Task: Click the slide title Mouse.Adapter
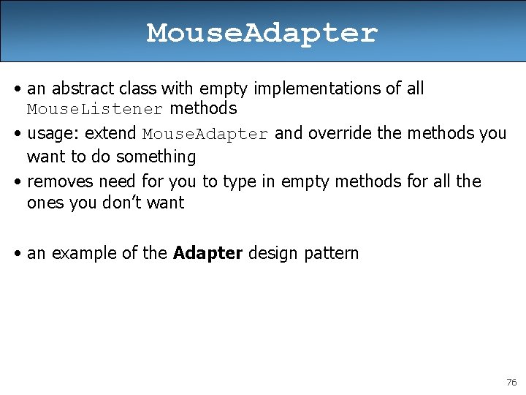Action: coord(262,33)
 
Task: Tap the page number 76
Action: coord(511,383)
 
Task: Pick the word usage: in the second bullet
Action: coord(53,134)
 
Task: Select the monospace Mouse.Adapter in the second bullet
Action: coord(206,135)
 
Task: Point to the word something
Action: coord(156,157)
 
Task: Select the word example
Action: coord(78,254)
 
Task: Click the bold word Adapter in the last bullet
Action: coord(207,254)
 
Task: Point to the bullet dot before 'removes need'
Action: coord(18,181)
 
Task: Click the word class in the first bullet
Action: coord(137,89)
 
